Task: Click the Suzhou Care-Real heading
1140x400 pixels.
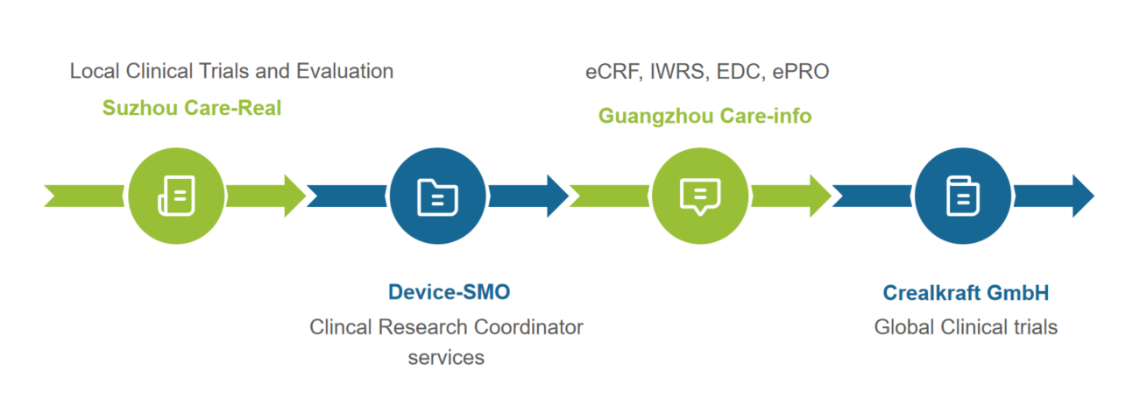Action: point(192,109)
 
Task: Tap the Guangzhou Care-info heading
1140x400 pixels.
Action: point(705,115)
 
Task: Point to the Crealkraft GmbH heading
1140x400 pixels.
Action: point(966,292)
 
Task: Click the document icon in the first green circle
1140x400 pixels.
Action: point(176,195)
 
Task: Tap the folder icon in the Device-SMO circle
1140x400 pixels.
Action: point(437,195)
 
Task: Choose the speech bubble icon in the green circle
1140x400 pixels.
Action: point(700,195)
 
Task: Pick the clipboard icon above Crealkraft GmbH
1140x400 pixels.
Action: point(962,195)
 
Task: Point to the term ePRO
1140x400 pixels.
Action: point(801,72)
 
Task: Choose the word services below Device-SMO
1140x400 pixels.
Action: point(446,358)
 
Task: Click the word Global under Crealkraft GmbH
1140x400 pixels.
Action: point(903,327)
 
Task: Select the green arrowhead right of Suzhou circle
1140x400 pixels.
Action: point(293,195)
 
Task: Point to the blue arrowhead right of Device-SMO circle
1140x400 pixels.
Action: point(556,195)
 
